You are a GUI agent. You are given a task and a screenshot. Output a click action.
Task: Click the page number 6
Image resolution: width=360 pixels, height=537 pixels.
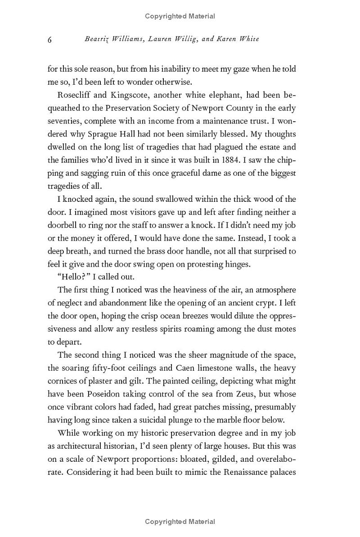pyautogui.click(x=50, y=40)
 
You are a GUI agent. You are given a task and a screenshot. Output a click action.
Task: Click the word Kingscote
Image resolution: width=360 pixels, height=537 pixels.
pyautogui.click(x=129, y=95)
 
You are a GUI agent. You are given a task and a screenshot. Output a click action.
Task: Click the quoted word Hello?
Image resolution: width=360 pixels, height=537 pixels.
pyautogui.click(x=74, y=277)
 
